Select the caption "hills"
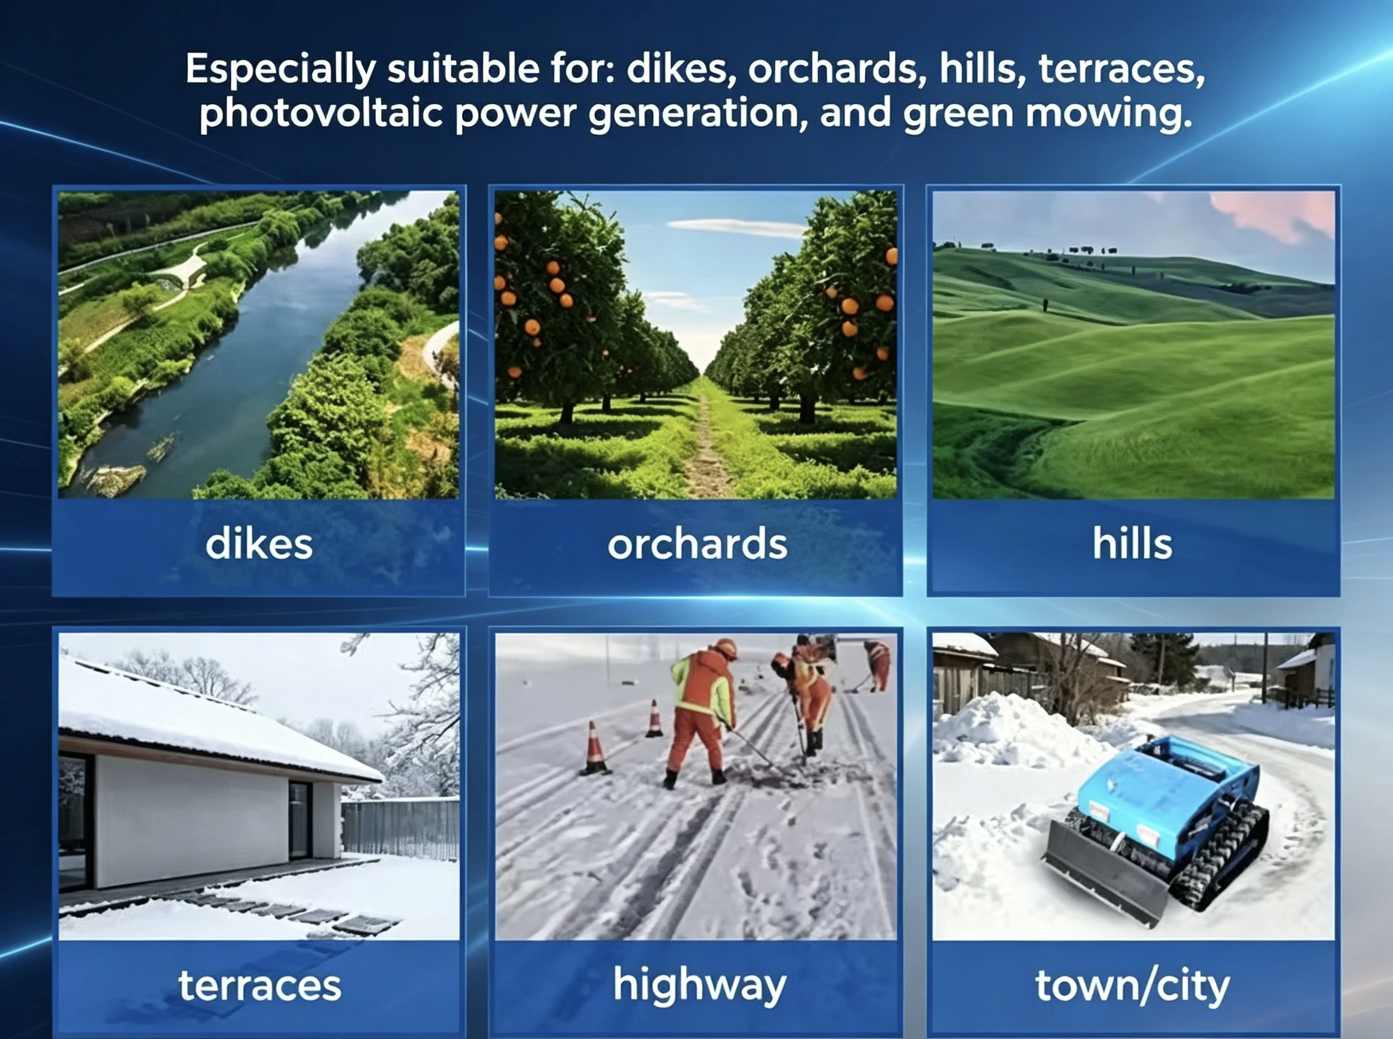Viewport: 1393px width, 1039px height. (1132, 542)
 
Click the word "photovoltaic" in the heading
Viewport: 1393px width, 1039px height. (321, 114)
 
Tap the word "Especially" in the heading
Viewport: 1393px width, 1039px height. (280, 70)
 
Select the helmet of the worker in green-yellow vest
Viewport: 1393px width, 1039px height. (726, 648)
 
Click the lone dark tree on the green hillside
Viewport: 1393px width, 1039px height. (1045, 305)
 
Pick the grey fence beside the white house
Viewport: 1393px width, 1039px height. (400, 828)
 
